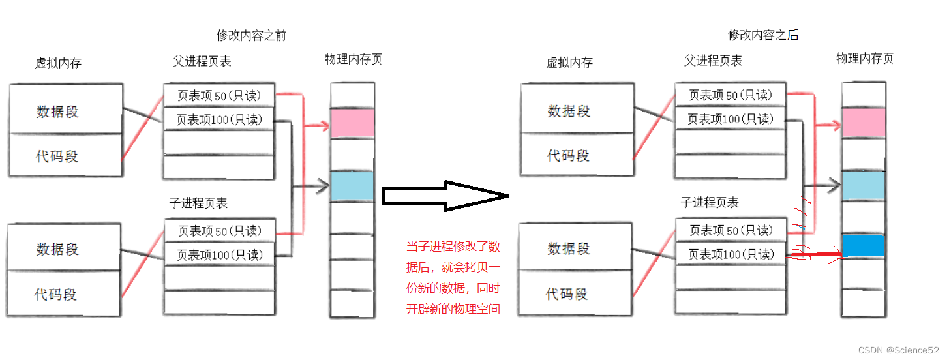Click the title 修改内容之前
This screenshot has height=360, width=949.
251,36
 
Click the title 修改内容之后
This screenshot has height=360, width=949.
762,35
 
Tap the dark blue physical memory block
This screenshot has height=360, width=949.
863,245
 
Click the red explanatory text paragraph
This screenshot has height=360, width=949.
453,278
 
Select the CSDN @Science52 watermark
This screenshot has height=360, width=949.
898,350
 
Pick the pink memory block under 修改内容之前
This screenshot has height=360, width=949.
352,123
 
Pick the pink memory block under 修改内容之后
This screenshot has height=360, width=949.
863,123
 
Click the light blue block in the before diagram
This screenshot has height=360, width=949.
352,186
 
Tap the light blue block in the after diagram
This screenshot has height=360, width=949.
863,186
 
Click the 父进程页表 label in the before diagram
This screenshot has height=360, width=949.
202,61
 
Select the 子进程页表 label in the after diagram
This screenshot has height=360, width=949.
710,203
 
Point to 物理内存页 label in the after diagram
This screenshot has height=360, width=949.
864,59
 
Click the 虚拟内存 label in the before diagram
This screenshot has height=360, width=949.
58,63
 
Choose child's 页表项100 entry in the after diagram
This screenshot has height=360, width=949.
731,254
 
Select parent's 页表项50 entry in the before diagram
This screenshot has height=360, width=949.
219,96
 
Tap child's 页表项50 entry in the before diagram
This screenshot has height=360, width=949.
219,231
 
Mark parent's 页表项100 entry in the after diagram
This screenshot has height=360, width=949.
731,119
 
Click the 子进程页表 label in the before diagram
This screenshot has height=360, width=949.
198,203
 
